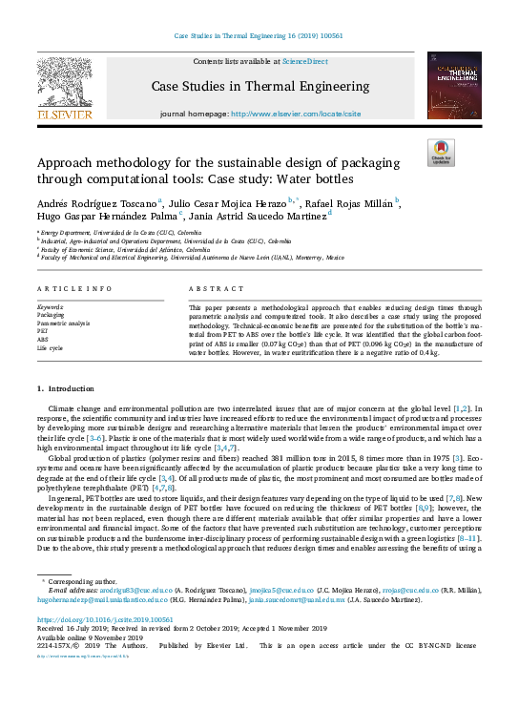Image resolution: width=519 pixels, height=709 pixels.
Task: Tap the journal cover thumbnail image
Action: coord(454,85)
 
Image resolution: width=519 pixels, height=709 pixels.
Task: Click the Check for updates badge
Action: coord(440,152)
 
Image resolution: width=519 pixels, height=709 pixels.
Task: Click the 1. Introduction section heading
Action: coord(66,388)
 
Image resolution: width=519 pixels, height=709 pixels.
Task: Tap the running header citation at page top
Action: coord(259,36)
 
